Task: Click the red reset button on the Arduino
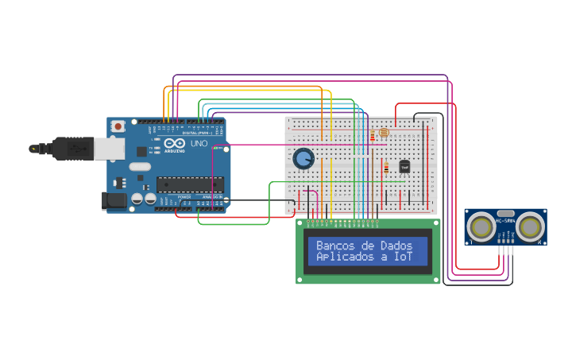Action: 118,126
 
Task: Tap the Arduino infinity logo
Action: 174,144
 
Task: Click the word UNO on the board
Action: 199,144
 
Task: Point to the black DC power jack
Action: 114,200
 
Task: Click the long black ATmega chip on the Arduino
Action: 189,184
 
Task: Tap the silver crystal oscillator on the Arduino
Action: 139,167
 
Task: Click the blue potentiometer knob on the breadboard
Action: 303,158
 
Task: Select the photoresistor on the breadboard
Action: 384,132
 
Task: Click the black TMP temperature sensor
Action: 404,166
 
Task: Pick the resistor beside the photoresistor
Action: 372,137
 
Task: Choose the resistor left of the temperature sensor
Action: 386,168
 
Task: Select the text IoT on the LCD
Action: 403,257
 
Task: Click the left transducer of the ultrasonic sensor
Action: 481,226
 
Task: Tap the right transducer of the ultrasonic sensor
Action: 530,226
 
